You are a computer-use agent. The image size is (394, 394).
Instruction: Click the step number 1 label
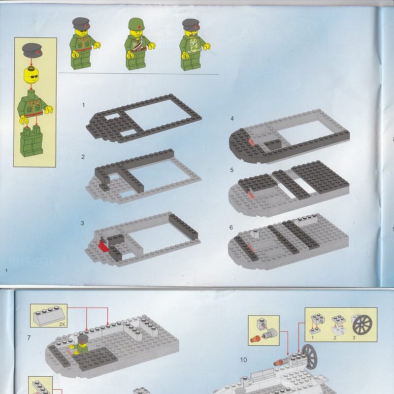84,105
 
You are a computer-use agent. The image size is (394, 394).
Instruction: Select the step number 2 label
83,157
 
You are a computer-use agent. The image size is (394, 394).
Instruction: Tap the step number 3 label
82,223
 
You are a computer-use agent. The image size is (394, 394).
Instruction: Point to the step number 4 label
232,118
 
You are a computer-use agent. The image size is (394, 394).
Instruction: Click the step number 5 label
231,170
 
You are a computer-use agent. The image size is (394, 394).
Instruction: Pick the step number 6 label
231,228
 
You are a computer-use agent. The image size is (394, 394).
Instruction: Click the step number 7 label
29,338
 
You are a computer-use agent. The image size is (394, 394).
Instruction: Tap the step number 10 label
243,360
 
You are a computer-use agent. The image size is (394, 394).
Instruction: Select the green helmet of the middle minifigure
136,24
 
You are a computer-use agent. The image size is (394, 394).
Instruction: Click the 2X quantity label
62,325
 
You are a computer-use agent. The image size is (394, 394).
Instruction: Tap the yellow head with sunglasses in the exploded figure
31,75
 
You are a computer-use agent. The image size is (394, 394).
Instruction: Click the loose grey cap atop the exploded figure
32,50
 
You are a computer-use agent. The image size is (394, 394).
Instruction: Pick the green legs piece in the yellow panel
32,141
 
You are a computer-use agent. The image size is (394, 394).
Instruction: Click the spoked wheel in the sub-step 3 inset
362,325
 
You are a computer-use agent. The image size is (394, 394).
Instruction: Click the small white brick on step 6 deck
255,233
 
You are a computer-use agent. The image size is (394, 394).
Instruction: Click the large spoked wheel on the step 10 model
310,357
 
